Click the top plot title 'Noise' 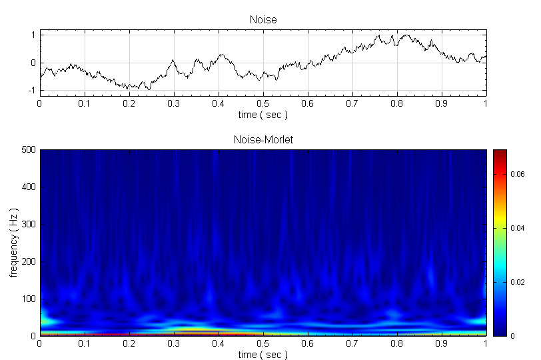point(263,20)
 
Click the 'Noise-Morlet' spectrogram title point(263,140)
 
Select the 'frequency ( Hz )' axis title point(13,243)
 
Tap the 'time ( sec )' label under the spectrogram point(263,355)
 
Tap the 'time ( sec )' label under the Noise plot point(263,115)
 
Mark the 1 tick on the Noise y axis point(33,34)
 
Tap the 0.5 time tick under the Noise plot point(263,104)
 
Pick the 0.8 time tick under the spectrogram point(397,344)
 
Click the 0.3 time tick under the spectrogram point(174,344)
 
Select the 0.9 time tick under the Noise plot point(442,104)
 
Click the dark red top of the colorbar point(500,153)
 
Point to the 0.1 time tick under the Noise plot point(85,104)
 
